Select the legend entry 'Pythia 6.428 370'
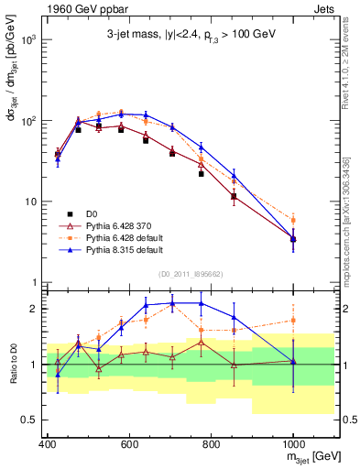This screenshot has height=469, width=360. click(102, 224)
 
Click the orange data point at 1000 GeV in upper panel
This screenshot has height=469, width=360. click(292, 220)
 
